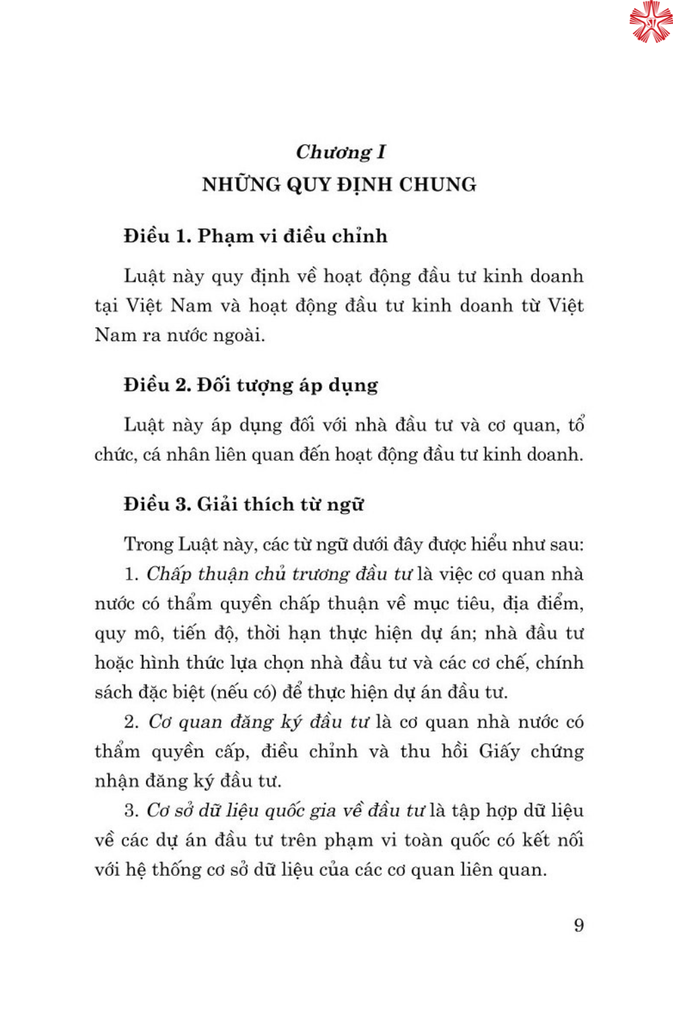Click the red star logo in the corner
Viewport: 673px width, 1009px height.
(650, 22)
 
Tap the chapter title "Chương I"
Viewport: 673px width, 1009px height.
(341, 152)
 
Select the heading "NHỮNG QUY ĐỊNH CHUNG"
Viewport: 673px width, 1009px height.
(339, 184)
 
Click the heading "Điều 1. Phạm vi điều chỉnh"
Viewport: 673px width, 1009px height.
(256, 236)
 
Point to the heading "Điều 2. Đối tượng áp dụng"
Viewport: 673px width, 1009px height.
(250, 385)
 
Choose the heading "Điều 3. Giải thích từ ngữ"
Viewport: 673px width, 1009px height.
(244, 504)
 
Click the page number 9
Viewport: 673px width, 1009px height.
(579, 926)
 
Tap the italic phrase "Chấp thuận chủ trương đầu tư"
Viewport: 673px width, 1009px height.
(279, 574)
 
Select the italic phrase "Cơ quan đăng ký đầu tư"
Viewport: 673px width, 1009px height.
(258, 722)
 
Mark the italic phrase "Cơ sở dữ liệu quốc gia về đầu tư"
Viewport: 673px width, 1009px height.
(286, 811)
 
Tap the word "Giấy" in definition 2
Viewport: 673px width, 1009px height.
(499, 752)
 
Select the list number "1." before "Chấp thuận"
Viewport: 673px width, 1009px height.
(131, 574)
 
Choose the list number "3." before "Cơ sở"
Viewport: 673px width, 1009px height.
(131, 811)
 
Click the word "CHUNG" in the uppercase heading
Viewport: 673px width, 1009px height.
(437, 184)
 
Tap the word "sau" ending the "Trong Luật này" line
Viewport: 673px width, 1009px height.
(567, 545)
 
